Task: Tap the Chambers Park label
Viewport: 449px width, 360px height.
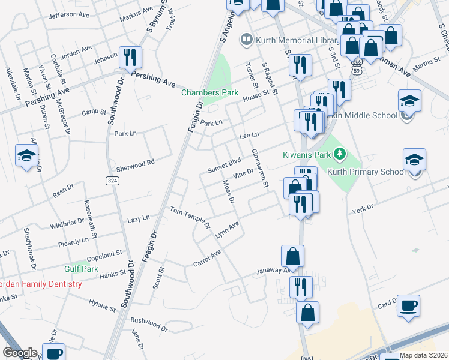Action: [210, 93]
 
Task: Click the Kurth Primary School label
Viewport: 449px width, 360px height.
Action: [366, 172]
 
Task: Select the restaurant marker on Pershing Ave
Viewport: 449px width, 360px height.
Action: [130, 57]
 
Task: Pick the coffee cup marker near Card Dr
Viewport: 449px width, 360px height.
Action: [409, 305]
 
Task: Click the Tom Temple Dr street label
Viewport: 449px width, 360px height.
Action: [190, 217]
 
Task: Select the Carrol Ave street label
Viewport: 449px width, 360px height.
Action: [207, 258]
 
